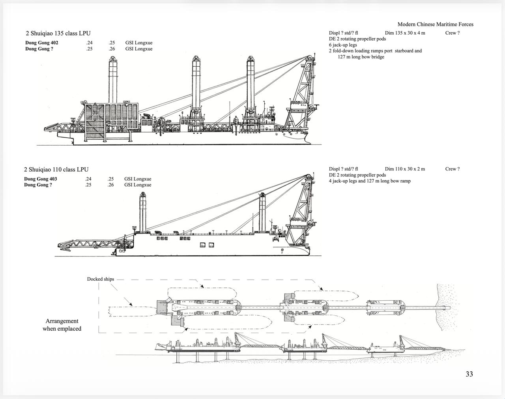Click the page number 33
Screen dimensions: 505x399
pyautogui.click(x=469, y=374)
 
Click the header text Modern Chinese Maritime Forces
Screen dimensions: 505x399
pyautogui.click(x=435, y=24)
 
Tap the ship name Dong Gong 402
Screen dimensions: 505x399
pyautogui.click(x=42, y=43)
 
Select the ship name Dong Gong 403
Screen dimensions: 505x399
pyautogui.click(x=41, y=179)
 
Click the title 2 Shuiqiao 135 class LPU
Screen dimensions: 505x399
pyautogui.click(x=58, y=33)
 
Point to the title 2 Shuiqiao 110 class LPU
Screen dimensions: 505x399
pyautogui.click(x=56, y=169)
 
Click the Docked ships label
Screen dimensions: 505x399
pyautogui.click(x=101, y=279)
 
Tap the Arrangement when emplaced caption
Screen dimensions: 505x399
pyautogui.click(x=62, y=324)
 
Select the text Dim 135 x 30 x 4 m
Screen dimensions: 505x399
pyautogui.click(x=405, y=33)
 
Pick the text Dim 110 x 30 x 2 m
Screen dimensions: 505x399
pyautogui.click(x=405, y=169)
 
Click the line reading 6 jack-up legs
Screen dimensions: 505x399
pyautogui.click(x=343, y=45)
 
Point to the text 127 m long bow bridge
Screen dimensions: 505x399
pyautogui.click(x=361, y=57)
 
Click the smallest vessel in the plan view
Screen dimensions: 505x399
pyautogui.click(x=386, y=307)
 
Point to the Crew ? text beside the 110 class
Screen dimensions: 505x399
pyautogui.click(x=452, y=169)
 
